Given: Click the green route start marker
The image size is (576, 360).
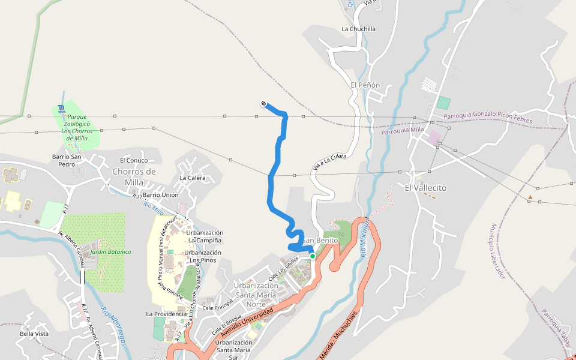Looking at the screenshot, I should (x=313, y=256).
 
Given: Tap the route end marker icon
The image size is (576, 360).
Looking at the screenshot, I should (x=263, y=104).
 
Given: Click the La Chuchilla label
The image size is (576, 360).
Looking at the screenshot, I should (x=358, y=29).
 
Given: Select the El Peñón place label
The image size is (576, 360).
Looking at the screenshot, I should (x=365, y=85).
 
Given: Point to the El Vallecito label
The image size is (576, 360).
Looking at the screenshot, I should (x=425, y=188).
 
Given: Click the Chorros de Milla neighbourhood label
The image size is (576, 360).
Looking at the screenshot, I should (x=134, y=177).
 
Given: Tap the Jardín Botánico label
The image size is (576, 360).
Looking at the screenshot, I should (x=110, y=252).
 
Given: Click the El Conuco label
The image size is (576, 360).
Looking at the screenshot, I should (x=134, y=160).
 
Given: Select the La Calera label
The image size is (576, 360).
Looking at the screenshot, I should (x=193, y=178).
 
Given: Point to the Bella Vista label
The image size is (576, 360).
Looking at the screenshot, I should (x=34, y=334).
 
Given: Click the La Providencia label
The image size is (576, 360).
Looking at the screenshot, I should (x=166, y=314).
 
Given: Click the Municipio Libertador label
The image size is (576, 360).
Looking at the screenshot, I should (x=498, y=251).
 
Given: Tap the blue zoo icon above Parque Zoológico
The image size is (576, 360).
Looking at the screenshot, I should (x=62, y=109).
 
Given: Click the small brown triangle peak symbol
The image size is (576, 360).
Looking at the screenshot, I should (x=530, y=197).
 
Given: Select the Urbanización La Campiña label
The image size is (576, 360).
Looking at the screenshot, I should (x=205, y=236).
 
